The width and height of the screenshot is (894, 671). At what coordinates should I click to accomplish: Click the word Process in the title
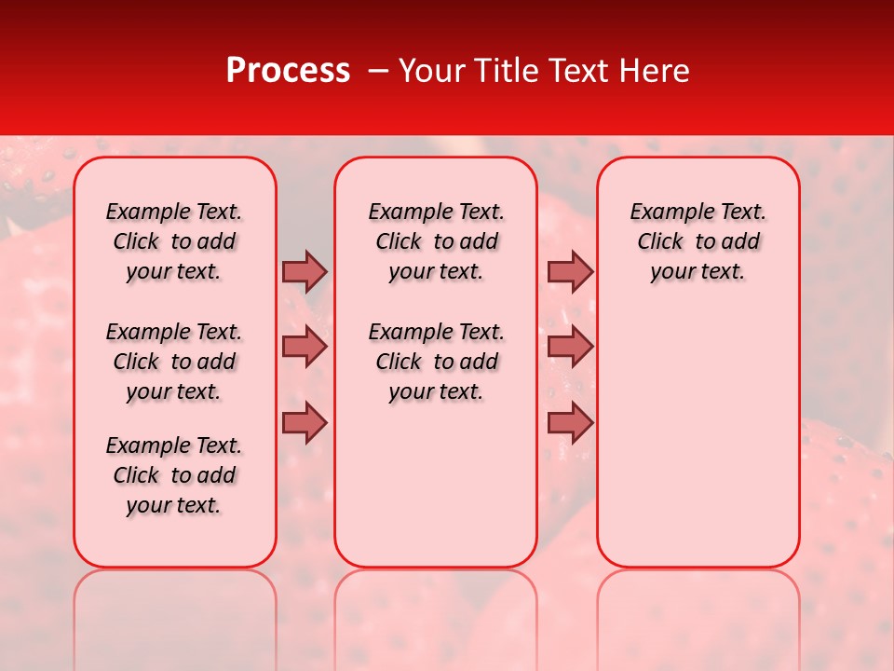point(288,70)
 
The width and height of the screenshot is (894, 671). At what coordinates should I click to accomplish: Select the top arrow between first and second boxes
point(305,271)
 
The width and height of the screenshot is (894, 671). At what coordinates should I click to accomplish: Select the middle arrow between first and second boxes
point(305,347)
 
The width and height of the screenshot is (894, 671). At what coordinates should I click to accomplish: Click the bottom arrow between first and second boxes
point(305,423)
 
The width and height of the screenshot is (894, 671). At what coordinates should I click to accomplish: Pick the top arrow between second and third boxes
point(570,271)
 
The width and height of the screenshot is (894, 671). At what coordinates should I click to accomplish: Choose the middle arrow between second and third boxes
point(570,347)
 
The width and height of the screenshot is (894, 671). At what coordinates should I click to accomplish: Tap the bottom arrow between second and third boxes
point(570,423)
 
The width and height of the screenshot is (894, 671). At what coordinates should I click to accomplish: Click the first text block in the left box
point(174,241)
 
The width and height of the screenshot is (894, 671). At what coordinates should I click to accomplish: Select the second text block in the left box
point(174,362)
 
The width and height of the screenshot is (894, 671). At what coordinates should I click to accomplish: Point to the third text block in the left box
point(174,475)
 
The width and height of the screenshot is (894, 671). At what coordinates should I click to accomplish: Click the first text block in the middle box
point(436,241)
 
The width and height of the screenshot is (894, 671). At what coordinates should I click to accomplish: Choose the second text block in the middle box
point(436,362)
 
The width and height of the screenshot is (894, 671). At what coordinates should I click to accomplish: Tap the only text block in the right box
point(698,241)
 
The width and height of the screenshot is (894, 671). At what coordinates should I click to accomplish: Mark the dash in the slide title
point(378,71)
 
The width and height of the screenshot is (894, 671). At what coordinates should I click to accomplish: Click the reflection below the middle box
point(436,615)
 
